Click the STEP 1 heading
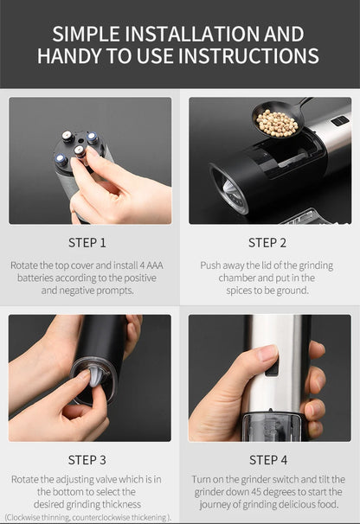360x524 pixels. coord(87,243)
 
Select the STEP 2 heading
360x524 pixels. coord(268,243)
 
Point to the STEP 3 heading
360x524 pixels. coord(87,459)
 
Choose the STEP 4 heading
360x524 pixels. coord(268,459)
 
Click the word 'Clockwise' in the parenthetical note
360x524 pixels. coord(29,516)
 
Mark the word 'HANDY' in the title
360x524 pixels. coord(73,57)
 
